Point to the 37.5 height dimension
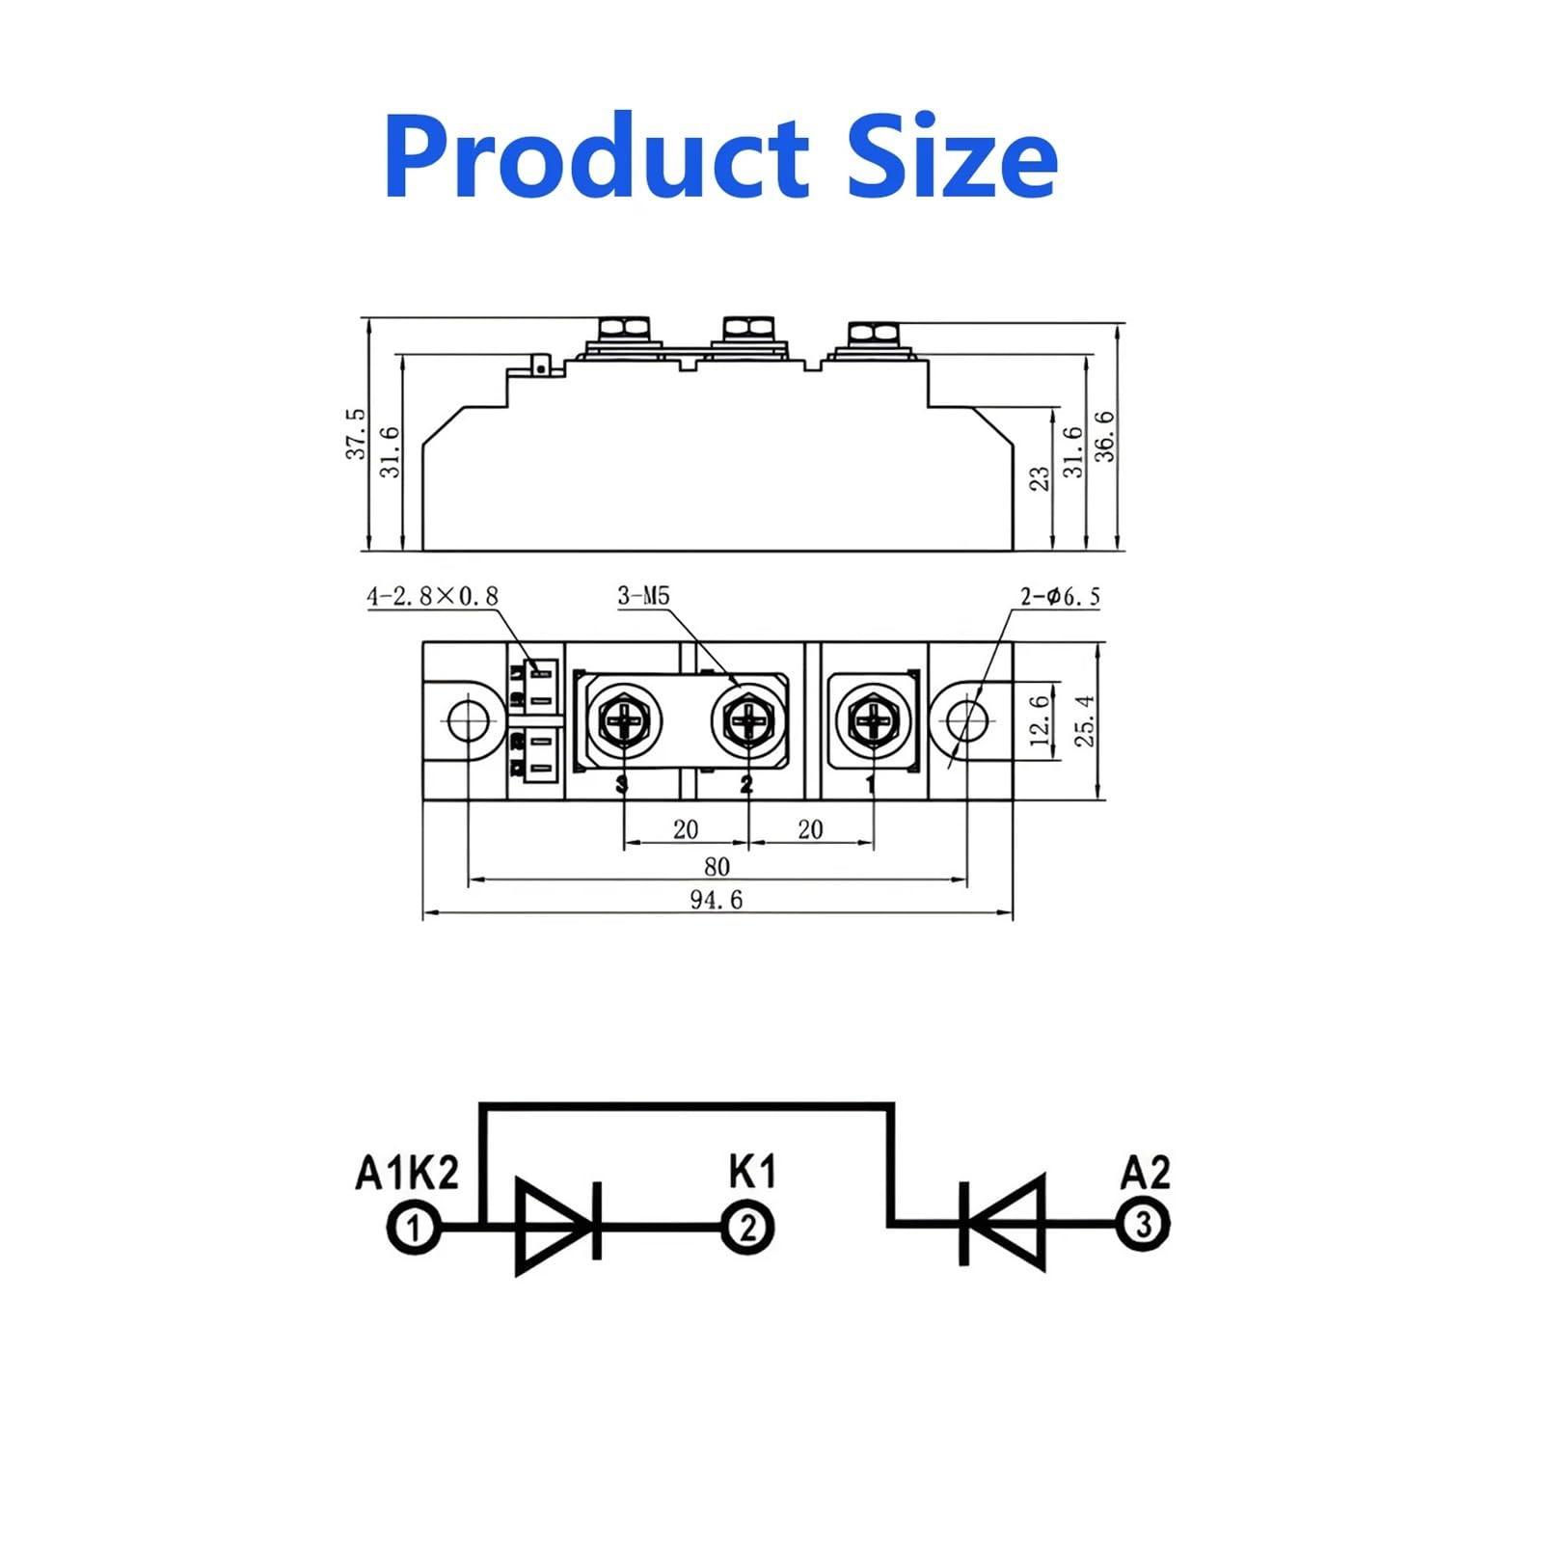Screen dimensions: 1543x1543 (x=356, y=433)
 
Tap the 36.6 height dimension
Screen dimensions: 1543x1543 (x=1104, y=436)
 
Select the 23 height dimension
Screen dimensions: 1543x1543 (x=1040, y=478)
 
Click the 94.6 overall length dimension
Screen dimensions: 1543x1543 (x=717, y=900)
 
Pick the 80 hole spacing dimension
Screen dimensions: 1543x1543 (x=717, y=866)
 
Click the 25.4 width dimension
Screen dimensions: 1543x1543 (x=1085, y=720)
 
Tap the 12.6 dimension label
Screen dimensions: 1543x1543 (x=1040, y=720)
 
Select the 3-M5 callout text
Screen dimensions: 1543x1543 (x=643, y=596)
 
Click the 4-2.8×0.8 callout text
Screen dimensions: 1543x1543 (x=432, y=596)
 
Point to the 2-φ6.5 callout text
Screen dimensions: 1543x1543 (x=1060, y=597)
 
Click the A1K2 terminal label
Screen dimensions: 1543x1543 (x=407, y=1173)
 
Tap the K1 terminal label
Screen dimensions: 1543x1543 (x=751, y=1172)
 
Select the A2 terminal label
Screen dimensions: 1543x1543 (x=1145, y=1173)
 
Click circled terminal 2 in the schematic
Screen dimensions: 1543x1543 (x=748, y=1228)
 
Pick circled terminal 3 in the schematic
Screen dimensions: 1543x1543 (x=1143, y=1226)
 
